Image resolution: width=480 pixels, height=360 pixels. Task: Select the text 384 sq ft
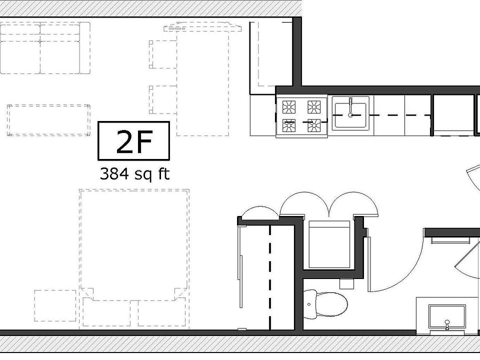click(x=134, y=174)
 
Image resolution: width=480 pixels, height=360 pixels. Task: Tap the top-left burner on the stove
click(x=289, y=107)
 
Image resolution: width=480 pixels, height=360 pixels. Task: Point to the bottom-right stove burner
click(x=314, y=125)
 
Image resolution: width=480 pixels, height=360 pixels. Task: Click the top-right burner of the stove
click(x=314, y=107)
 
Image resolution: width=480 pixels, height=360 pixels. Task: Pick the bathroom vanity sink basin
click(x=447, y=316)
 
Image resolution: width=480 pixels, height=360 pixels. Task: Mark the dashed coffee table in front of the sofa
click(x=48, y=120)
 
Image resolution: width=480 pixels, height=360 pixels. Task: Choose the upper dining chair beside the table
click(x=163, y=54)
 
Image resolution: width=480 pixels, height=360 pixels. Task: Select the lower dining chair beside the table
click(x=163, y=99)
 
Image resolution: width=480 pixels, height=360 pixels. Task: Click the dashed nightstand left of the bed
click(x=55, y=305)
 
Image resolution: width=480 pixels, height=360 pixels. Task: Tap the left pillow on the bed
click(x=106, y=312)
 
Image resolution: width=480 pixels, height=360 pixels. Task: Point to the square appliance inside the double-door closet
click(x=329, y=244)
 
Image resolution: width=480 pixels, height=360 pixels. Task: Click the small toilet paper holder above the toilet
click(x=346, y=283)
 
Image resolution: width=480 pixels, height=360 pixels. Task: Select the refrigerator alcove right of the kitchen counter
click(x=452, y=114)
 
